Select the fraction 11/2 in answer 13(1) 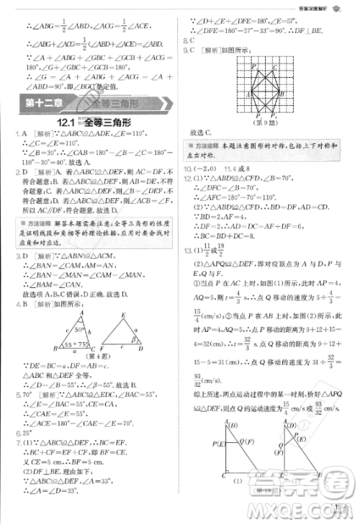[210, 251]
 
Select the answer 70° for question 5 [27, 395]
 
